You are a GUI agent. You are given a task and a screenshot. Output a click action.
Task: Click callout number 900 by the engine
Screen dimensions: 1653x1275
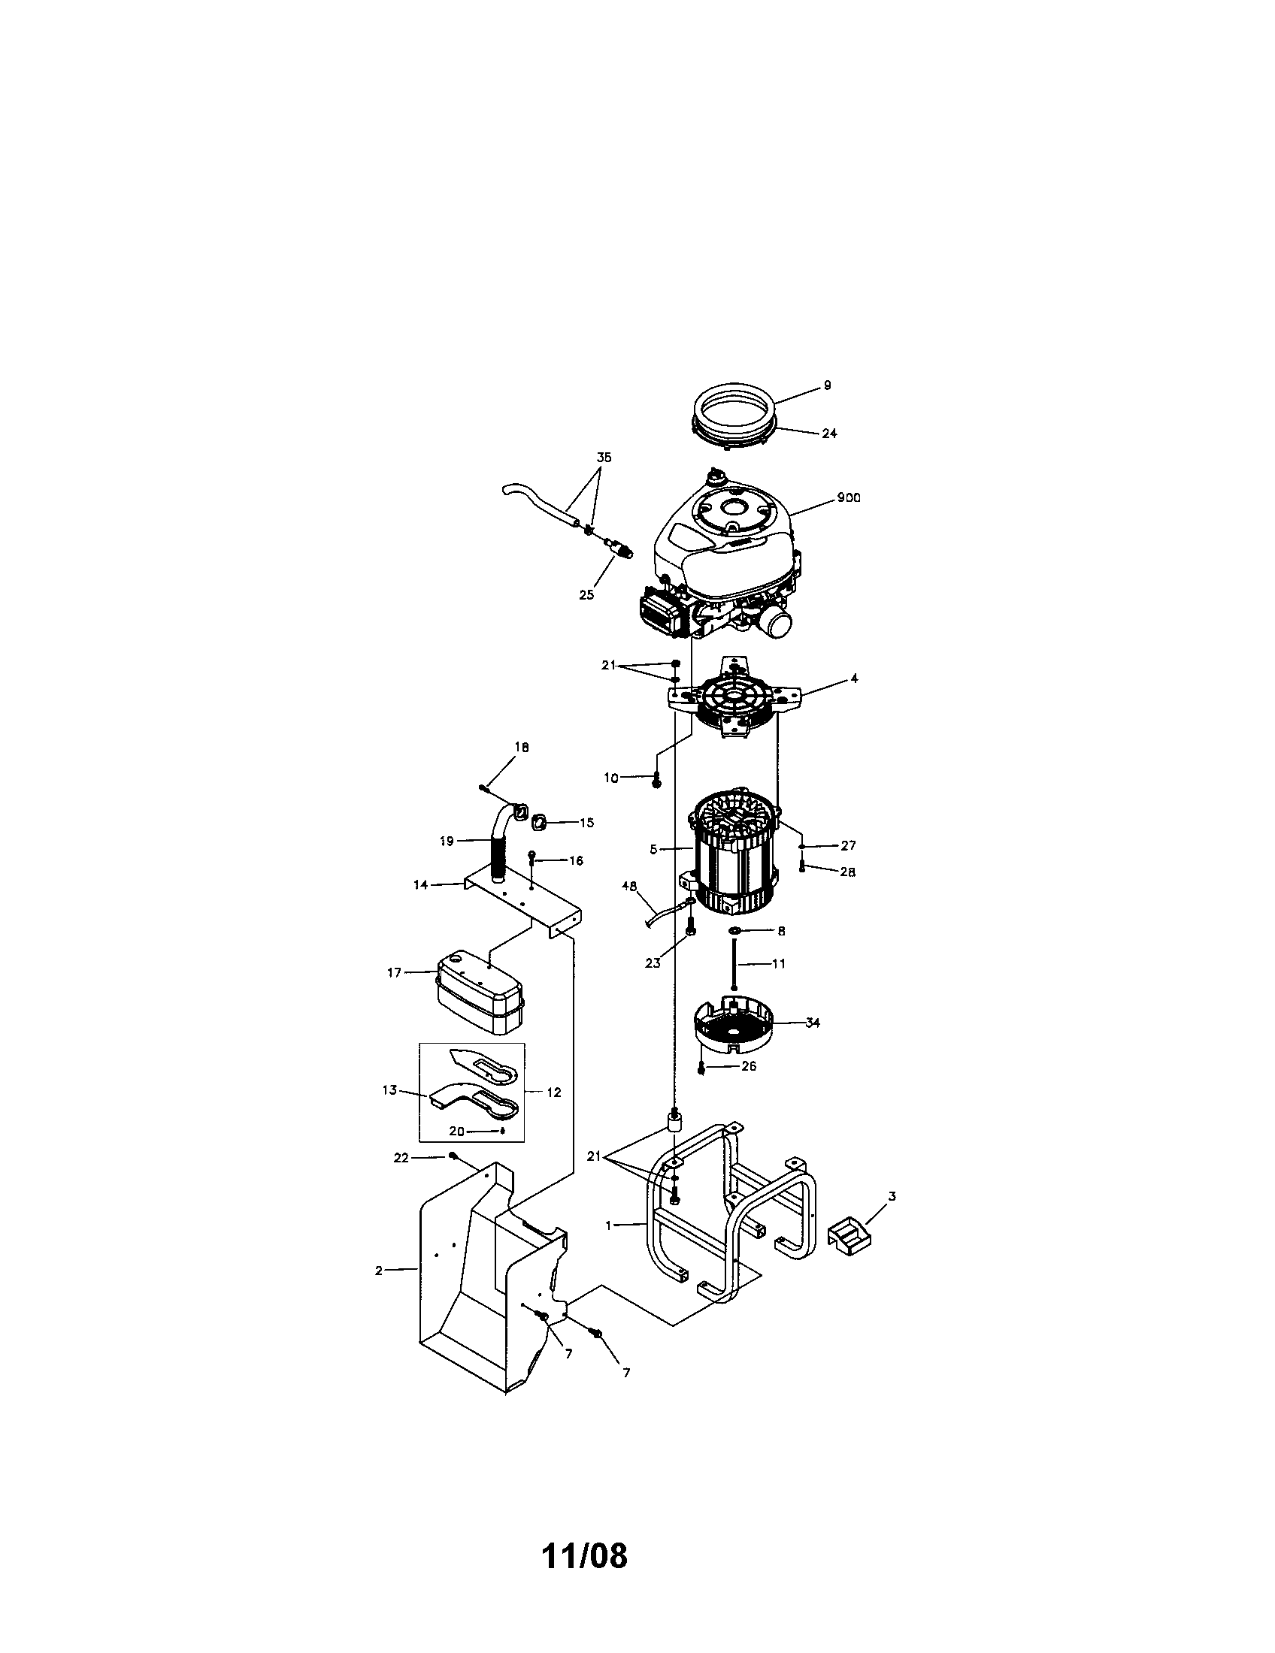coord(848,498)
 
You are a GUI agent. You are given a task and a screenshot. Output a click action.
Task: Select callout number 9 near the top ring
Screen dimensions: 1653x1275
coord(827,385)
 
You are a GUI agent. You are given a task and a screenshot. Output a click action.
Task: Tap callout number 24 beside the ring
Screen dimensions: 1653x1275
coord(829,434)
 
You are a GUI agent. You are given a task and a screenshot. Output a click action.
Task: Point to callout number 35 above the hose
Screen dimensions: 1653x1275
coord(604,458)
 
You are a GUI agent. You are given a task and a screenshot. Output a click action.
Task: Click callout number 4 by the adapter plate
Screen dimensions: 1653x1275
coord(854,679)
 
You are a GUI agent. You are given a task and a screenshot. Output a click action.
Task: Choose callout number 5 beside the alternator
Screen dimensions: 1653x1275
coord(653,850)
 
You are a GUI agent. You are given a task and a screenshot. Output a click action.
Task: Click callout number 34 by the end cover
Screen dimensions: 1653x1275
coord(813,1023)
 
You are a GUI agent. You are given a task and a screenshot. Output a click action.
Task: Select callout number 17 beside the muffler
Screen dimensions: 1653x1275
coord(394,972)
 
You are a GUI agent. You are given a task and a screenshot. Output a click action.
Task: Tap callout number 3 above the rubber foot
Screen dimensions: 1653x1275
coord(892,1196)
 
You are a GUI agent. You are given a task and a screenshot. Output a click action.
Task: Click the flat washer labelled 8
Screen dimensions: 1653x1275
coord(735,929)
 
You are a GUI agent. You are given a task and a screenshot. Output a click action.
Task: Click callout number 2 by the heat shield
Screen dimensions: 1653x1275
coord(379,1271)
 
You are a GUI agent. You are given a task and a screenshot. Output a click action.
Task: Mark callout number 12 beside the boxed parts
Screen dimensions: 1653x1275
coord(553,1093)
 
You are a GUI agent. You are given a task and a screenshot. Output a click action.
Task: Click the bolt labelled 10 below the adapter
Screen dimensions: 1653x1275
coord(656,781)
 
